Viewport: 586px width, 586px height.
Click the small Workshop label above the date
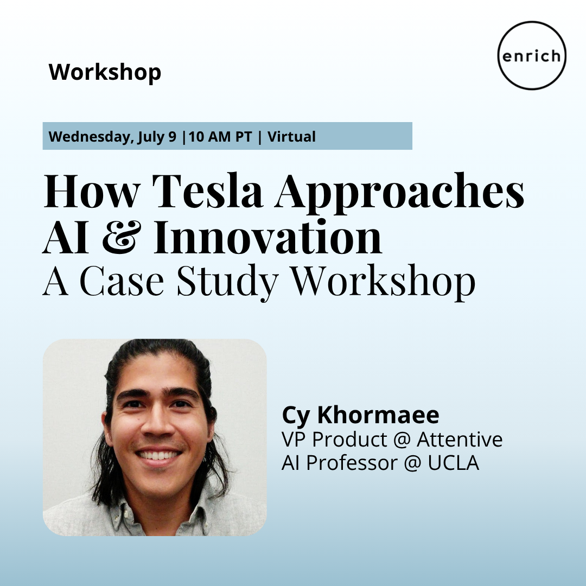click(x=105, y=72)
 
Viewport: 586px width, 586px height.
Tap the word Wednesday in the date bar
click(x=90, y=137)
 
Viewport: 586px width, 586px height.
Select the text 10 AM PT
click(x=220, y=137)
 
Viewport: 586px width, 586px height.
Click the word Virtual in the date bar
click(x=291, y=137)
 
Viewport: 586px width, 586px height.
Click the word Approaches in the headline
click(x=399, y=193)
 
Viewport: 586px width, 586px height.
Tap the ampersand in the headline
click(x=122, y=237)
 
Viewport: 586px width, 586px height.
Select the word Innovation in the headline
click(x=268, y=237)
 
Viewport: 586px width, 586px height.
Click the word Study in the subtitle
click(x=227, y=282)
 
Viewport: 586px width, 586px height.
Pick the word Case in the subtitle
click(x=122, y=281)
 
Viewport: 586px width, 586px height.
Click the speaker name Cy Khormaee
click(x=361, y=416)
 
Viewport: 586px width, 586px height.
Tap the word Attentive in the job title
click(x=460, y=439)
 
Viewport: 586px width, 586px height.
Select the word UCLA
click(x=453, y=463)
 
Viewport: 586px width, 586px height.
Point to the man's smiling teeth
click(x=158, y=455)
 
